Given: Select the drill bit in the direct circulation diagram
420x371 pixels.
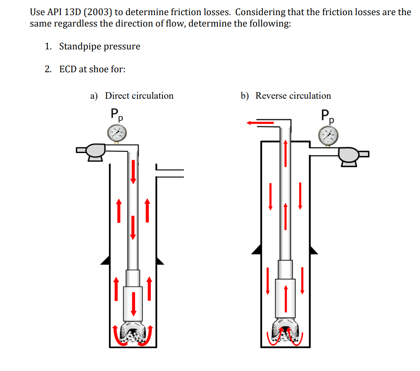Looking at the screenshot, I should [133, 332].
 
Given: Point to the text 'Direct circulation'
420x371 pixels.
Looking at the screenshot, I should [139, 96].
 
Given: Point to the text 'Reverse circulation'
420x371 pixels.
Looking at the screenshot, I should [293, 96].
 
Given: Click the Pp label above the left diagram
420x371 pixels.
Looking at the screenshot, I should [117, 114].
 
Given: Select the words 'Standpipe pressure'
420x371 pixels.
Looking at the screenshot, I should [99, 47].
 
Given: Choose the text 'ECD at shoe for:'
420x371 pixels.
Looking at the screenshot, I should [92, 69].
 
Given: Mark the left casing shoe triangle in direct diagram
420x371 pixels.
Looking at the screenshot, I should [105, 260].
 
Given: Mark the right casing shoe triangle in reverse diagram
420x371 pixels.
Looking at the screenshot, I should [313, 249].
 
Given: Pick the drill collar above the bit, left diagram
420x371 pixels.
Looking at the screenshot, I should [133, 302].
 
